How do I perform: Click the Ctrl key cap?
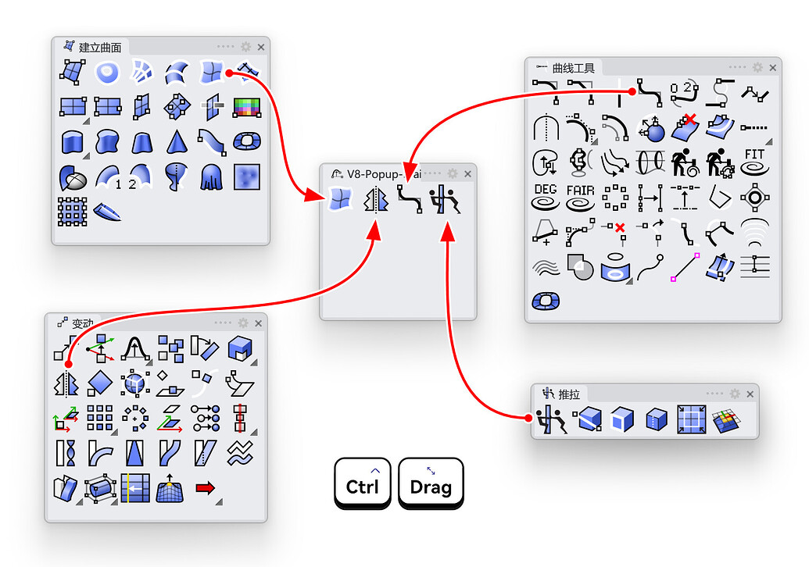pos(362,483)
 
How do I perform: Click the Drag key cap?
pos(431,483)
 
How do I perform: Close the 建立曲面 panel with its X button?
pos(261,47)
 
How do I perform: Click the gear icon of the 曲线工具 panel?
pos(757,68)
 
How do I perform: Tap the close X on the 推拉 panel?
pos(750,394)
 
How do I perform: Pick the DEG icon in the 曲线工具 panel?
pos(546,196)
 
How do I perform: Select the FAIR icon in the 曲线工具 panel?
pos(581,196)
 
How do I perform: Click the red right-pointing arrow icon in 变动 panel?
pos(205,488)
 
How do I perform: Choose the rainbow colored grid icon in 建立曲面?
pos(246,106)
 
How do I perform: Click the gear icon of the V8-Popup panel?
pos(453,173)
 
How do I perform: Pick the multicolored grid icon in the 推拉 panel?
pos(726,421)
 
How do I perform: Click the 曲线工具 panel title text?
pos(574,68)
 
